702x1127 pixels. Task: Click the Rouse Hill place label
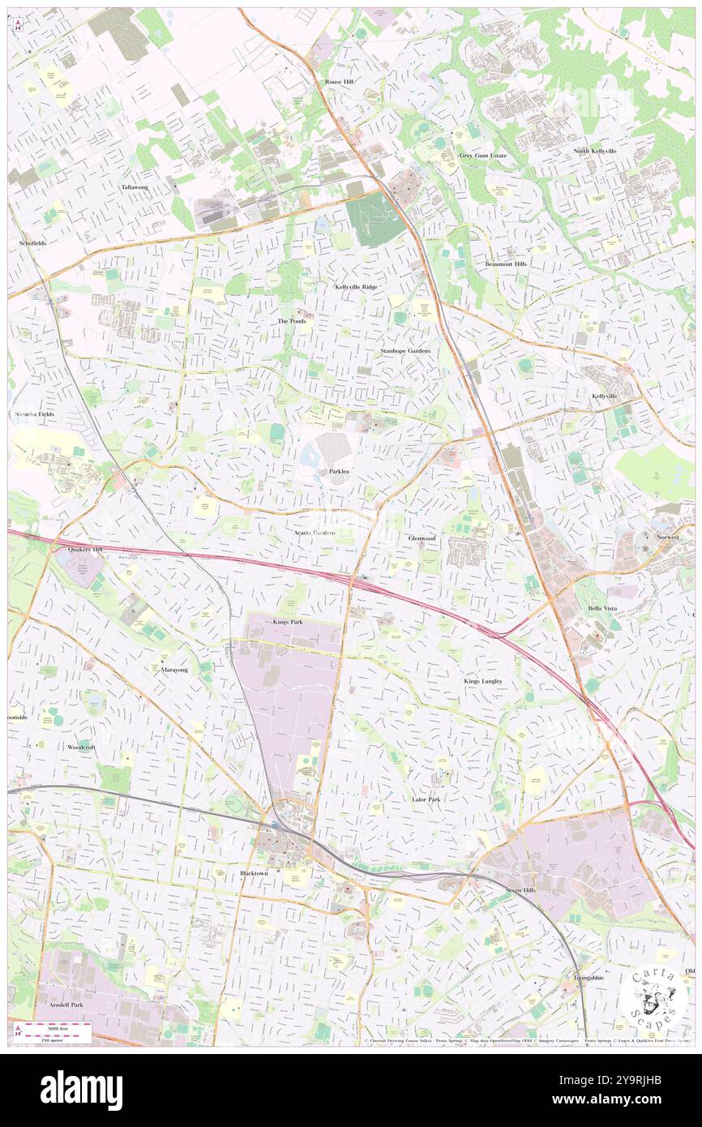340,83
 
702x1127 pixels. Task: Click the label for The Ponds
293,321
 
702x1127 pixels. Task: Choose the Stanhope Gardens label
405,351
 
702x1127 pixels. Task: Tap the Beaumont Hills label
506,264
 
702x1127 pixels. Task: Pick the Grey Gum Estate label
482,156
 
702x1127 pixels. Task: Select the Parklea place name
340,471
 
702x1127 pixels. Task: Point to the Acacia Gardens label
315,533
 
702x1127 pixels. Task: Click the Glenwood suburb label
422,538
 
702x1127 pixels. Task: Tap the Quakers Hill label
85,549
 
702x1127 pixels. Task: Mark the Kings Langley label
483,681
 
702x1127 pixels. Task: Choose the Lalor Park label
426,799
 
